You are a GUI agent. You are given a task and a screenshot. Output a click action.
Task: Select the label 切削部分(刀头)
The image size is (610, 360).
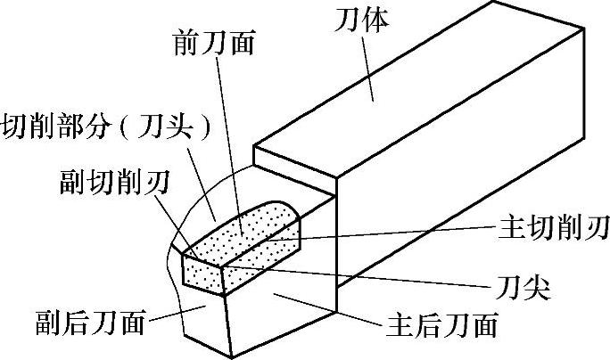tap(108, 126)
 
